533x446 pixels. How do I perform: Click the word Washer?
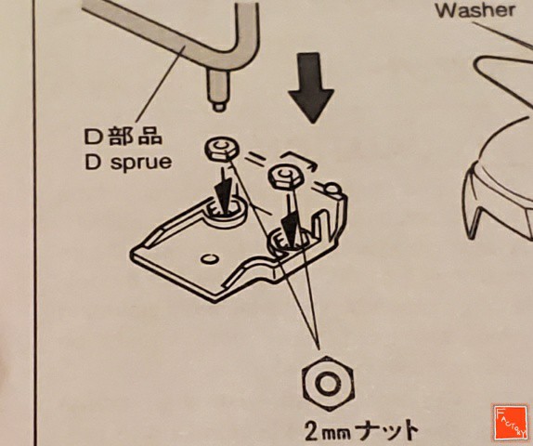475,10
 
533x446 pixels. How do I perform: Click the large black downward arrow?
311,87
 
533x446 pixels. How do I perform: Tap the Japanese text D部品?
123,137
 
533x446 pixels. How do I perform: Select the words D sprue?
128,163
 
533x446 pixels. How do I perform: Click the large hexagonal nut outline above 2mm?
328,384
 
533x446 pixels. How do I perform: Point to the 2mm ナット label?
361,430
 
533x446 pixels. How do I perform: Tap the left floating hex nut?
222,149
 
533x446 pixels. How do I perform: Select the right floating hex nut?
286,176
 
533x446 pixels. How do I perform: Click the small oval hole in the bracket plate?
210,259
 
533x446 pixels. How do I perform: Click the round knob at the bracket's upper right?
332,190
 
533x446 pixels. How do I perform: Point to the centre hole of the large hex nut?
328,384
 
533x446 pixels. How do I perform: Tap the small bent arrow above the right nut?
299,158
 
